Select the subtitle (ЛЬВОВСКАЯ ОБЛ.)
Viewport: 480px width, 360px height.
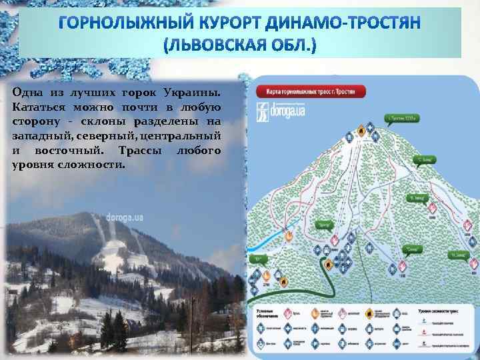(240, 45)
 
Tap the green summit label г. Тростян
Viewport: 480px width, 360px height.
(402, 119)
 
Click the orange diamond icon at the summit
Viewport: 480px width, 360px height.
(361, 133)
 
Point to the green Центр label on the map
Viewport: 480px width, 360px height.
(325, 224)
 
